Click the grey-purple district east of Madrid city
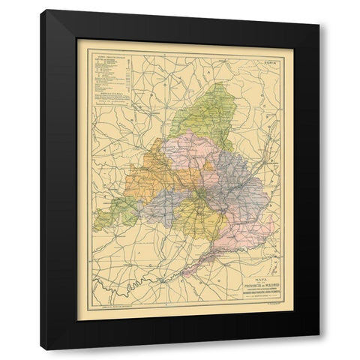pos(240,187)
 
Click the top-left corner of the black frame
pos(43,11)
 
